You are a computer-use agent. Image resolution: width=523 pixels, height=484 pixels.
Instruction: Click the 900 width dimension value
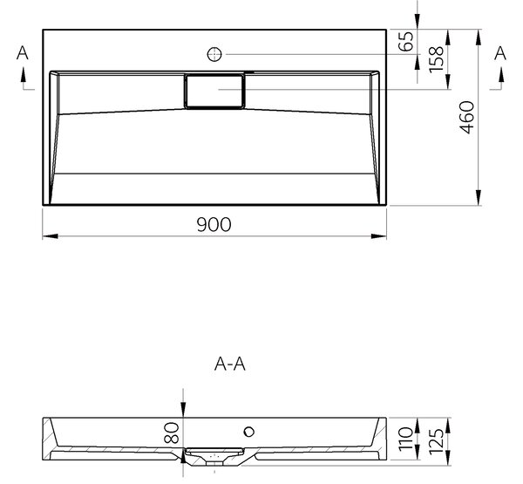pyautogui.click(x=214, y=224)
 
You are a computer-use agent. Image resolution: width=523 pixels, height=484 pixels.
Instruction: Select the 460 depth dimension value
pyautogui.click(x=466, y=118)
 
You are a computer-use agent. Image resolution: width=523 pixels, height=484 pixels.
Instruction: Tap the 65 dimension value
pyautogui.click(x=406, y=41)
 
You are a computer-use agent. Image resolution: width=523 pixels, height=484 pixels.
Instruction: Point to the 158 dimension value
pyautogui.click(x=437, y=59)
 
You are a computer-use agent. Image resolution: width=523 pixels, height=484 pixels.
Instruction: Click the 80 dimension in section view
pyautogui.click(x=172, y=433)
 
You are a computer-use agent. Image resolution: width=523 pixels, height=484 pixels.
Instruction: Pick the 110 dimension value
pyautogui.click(x=406, y=439)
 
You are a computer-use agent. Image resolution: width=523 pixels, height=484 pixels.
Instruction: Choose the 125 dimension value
pyautogui.click(x=437, y=441)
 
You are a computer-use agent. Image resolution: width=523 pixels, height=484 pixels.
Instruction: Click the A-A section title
pyautogui.click(x=230, y=365)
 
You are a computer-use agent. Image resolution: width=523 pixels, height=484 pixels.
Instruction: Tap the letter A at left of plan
pyautogui.click(x=23, y=53)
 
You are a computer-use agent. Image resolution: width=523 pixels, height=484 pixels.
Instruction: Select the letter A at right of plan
pyautogui.click(x=500, y=53)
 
